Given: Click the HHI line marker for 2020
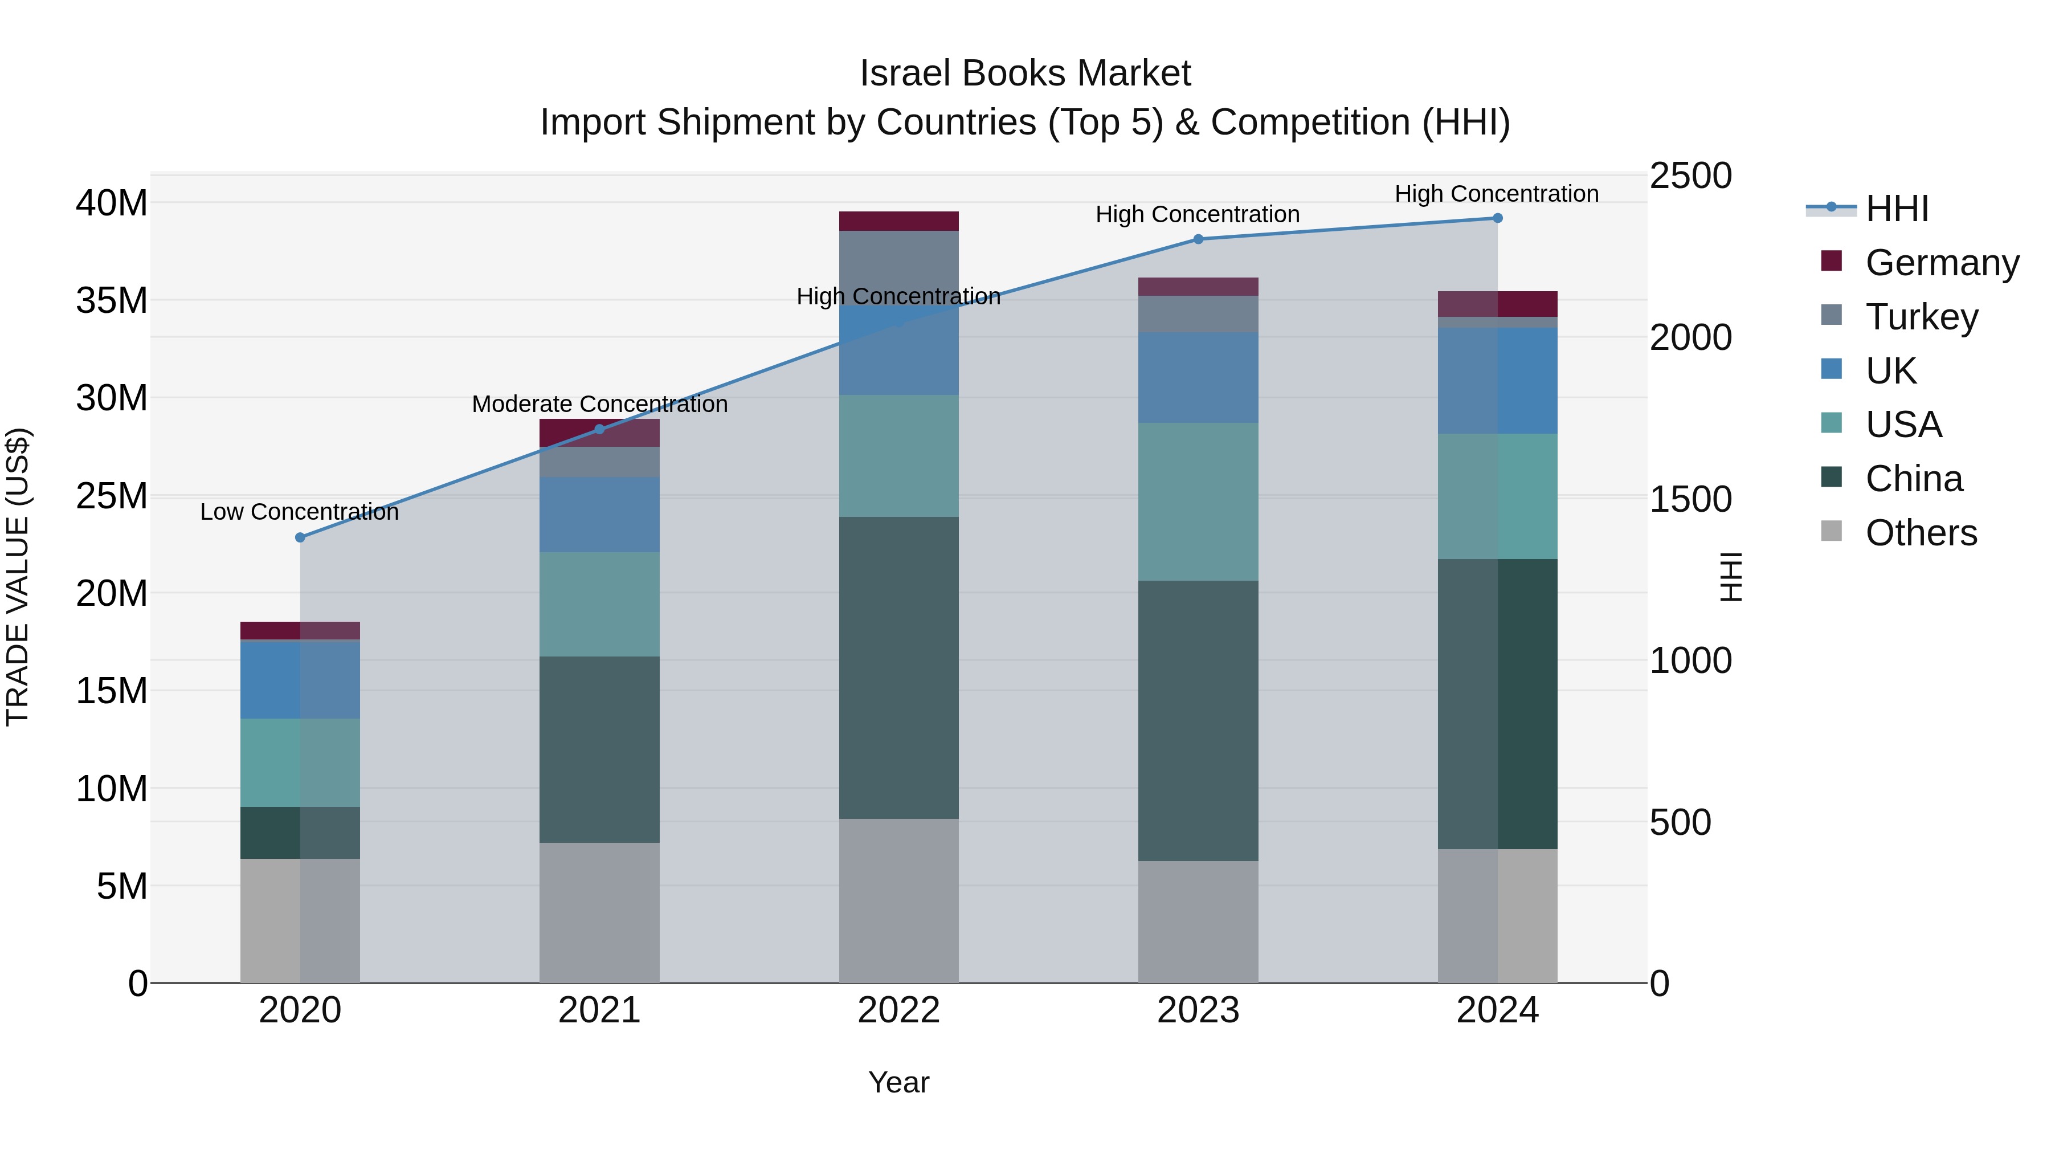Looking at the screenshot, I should point(300,537).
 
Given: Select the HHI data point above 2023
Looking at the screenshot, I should point(1198,239).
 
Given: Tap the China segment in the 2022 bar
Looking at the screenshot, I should point(899,667).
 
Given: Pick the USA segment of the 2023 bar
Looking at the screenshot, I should point(1198,501).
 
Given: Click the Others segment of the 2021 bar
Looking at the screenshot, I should point(599,913).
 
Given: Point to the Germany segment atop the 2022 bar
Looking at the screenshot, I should point(899,221).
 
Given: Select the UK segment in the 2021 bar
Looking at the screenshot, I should point(599,515).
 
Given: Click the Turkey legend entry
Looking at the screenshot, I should point(1921,317).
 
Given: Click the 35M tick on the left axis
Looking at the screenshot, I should point(112,301).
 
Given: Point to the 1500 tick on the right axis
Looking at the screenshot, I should point(1690,499).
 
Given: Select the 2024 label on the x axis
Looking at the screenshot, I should point(1497,1010).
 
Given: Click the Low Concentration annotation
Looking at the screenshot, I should point(299,512).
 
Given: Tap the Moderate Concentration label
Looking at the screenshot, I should point(599,404).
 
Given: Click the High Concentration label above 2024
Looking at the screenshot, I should point(1497,194).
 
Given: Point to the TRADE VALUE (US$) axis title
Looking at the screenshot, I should point(18,577).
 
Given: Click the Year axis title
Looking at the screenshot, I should point(899,1082).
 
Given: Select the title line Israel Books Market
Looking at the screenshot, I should point(1025,74).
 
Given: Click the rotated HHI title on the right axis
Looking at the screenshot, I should point(1731,577).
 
